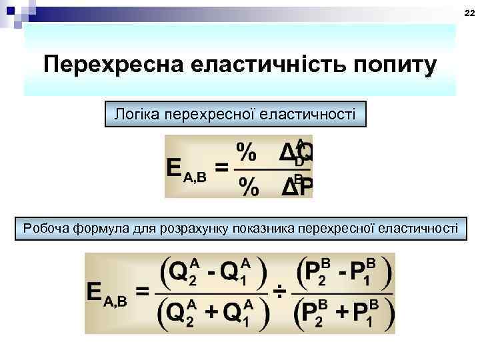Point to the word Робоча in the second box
(x=47, y=229)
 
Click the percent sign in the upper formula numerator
(x=248, y=153)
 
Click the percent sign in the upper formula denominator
(x=249, y=187)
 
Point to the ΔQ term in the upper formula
(x=295, y=153)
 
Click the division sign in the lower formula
(x=281, y=291)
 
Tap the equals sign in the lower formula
(x=142, y=291)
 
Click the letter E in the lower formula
(x=95, y=291)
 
